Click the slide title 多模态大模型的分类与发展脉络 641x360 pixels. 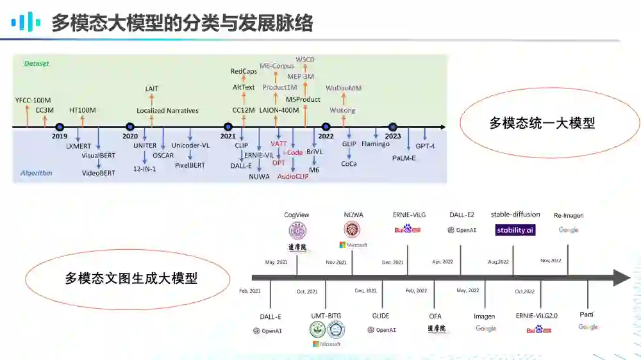coord(182,23)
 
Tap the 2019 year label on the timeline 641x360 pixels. coord(60,136)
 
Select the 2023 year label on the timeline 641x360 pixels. coord(393,136)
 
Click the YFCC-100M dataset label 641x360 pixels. coord(33,100)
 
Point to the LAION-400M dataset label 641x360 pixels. coord(279,110)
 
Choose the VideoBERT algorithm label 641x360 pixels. coord(99,172)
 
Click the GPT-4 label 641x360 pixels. coord(425,146)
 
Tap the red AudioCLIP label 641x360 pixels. coord(292,177)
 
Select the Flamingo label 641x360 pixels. coord(376,143)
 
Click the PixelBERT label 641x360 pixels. coord(190,165)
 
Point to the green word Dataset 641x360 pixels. coord(37,64)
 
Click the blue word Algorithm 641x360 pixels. coord(36,173)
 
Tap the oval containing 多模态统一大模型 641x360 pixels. coord(542,123)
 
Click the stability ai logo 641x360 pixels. coord(515,230)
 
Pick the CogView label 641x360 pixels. coord(297,215)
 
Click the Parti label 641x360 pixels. coord(587,315)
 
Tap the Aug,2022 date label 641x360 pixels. coord(498,262)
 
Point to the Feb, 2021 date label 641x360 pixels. coord(250,291)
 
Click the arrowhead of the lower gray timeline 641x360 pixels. coord(622,277)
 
